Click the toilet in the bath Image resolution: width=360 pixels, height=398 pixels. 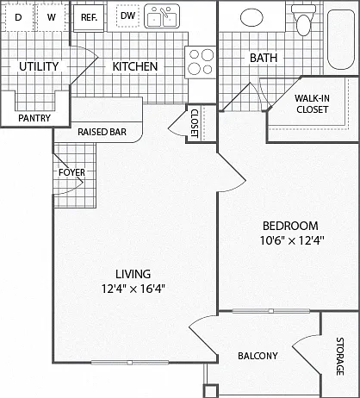click(303, 20)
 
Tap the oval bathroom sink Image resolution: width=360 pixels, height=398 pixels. click(251, 17)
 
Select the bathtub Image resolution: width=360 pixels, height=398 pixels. click(341, 40)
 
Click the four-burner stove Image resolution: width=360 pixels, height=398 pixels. click(201, 62)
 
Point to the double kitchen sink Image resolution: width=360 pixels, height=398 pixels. click(162, 16)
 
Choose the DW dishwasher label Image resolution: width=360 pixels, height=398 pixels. click(127, 16)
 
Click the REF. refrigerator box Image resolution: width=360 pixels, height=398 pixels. click(89, 17)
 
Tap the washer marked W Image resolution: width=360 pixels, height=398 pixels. click(52, 17)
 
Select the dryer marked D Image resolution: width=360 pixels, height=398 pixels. click(18, 17)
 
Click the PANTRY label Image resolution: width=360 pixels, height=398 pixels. click(34, 118)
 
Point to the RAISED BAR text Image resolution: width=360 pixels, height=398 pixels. click(102, 132)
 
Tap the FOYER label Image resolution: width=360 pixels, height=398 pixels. click(71, 172)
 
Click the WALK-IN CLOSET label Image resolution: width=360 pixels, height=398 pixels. click(313, 103)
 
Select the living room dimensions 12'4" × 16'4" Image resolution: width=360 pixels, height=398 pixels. click(133, 289)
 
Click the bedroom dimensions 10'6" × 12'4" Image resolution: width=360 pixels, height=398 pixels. click(292, 240)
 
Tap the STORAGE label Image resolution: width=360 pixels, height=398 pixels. click(340, 357)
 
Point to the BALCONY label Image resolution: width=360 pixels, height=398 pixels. click(258, 356)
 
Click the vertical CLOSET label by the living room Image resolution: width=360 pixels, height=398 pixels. click(195, 123)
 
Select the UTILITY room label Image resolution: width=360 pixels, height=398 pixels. click(39, 66)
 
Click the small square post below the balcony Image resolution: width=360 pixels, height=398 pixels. click(210, 391)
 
